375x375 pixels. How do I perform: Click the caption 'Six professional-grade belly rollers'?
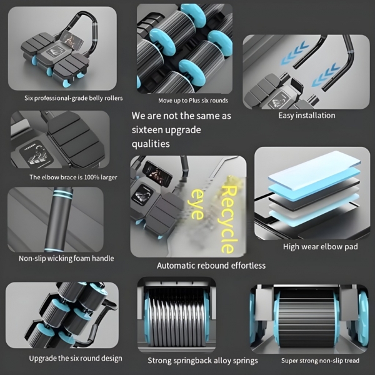coord(73,98)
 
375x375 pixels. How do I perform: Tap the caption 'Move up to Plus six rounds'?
coord(193,101)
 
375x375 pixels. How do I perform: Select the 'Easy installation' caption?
coord(307,116)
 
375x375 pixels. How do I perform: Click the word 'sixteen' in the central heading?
coord(147,130)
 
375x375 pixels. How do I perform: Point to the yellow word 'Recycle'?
coord(227,219)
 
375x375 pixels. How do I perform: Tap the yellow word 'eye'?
coord(197,204)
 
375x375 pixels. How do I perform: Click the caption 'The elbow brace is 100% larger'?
coord(73,177)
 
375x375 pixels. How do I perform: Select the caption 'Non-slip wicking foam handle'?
coord(66,258)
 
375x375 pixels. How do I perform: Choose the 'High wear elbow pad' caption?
coord(321,247)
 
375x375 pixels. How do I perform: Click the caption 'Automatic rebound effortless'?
coord(211,266)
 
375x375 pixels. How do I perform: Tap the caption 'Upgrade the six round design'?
coord(76,358)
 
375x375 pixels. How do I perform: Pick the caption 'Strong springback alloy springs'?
coord(202,361)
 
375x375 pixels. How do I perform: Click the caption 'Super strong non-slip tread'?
coord(320,361)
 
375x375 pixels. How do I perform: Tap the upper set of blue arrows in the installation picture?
coord(293,53)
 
